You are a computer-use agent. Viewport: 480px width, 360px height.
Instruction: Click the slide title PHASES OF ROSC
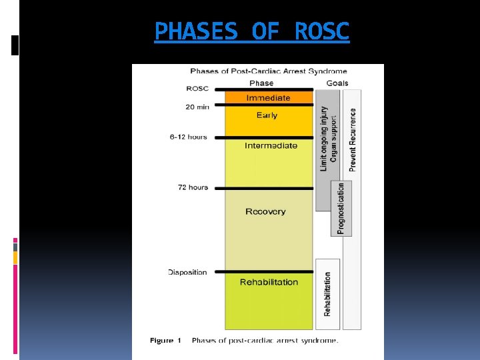(x=251, y=31)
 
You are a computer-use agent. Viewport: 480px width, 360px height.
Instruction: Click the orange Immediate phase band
(x=268, y=98)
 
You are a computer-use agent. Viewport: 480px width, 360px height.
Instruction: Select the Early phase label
(x=267, y=115)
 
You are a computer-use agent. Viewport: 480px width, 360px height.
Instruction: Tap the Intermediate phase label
(x=271, y=145)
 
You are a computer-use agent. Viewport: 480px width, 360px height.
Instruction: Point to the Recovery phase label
(x=265, y=211)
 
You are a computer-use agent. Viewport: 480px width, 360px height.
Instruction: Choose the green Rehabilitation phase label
(x=269, y=282)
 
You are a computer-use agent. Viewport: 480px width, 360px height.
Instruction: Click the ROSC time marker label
(x=197, y=89)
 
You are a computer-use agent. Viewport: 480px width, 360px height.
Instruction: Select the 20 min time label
(x=197, y=106)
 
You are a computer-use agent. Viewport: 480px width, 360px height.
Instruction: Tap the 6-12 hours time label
(x=189, y=137)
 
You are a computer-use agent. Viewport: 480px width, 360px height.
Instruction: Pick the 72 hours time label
(x=193, y=187)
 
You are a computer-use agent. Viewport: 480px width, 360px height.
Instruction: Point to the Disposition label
(x=187, y=272)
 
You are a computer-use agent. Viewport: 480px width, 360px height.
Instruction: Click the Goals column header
(x=337, y=83)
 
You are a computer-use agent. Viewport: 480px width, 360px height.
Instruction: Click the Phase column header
(x=261, y=83)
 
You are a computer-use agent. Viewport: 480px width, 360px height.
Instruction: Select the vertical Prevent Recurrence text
(x=353, y=140)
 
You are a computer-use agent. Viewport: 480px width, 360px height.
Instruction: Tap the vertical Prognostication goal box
(x=341, y=208)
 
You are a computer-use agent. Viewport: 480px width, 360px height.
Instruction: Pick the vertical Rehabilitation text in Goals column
(x=327, y=293)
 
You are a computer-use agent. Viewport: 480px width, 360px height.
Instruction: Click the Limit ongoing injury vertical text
(x=325, y=139)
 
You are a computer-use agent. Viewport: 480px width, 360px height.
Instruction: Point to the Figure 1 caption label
(x=166, y=341)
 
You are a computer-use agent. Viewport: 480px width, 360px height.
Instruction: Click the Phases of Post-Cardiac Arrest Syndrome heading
(x=268, y=71)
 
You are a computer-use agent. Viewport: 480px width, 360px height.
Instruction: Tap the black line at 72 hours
(x=269, y=188)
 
